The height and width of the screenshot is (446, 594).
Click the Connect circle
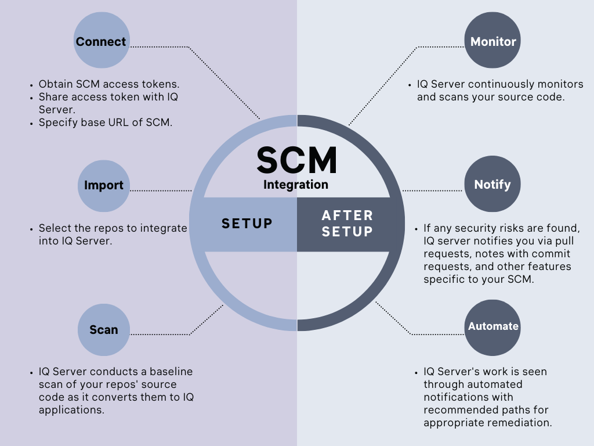click(101, 41)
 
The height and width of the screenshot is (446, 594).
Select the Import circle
click(103, 185)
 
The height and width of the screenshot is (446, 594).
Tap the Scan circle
click(103, 330)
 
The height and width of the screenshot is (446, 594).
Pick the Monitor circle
click(492, 41)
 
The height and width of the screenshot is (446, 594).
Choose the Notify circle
click(492, 185)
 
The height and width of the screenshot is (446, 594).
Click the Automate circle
click(492, 326)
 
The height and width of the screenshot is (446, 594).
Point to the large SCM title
click(296, 160)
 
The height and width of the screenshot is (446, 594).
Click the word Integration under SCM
click(296, 185)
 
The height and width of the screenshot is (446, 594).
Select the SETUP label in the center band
click(247, 224)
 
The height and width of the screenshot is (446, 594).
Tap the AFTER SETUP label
click(347, 224)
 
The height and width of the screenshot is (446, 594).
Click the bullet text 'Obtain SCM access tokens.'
click(104, 84)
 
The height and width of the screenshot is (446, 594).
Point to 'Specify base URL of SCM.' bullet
click(106, 123)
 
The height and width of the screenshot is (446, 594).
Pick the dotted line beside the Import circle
click(161, 190)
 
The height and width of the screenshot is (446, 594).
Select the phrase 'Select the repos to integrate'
click(113, 228)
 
